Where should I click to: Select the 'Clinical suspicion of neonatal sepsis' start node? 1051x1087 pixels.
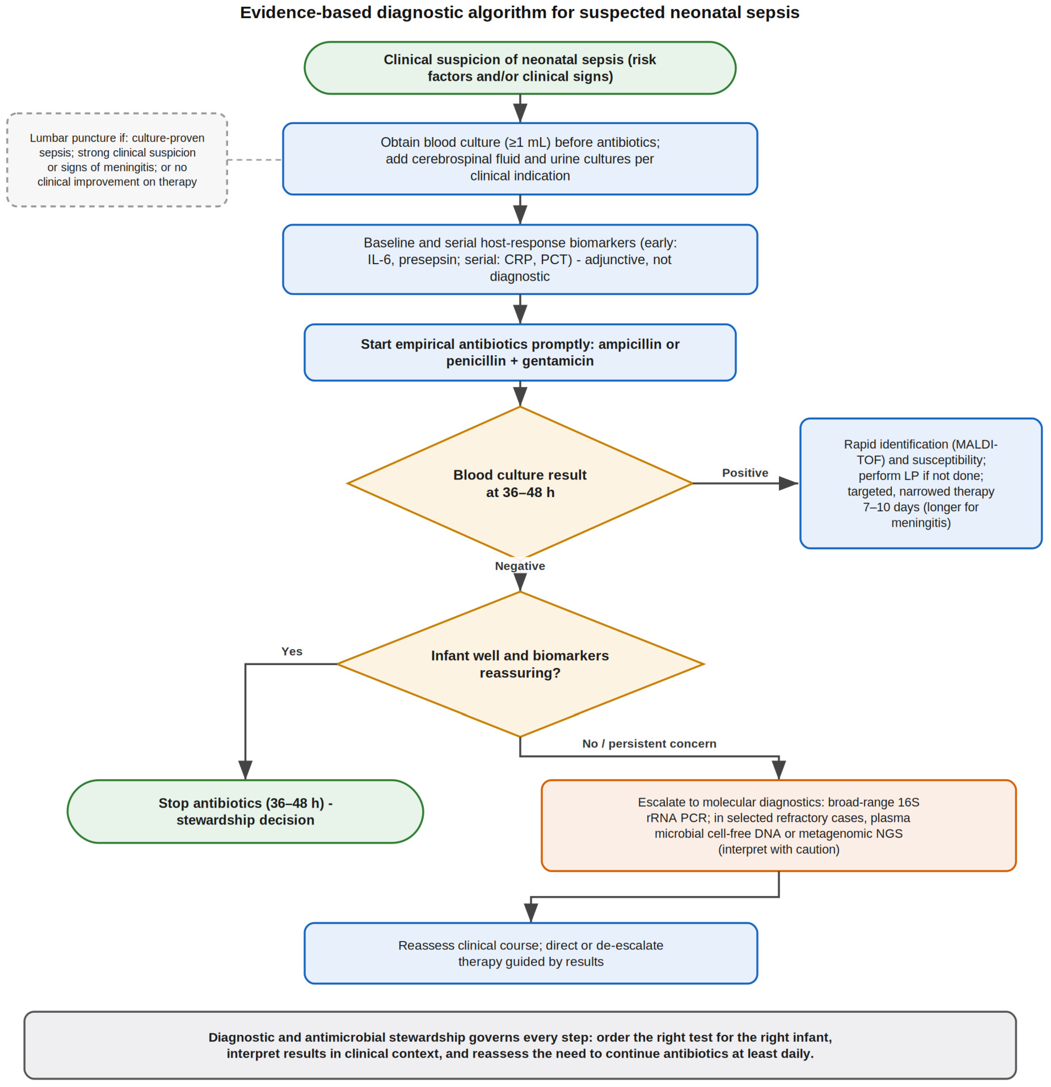(520, 68)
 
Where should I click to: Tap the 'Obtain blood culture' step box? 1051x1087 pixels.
(520, 159)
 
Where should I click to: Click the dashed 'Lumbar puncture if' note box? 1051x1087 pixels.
(117, 160)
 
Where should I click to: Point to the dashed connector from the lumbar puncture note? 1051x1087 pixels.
(255, 160)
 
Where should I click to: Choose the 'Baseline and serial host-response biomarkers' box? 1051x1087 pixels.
(520, 259)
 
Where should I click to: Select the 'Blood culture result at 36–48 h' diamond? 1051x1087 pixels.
(520, 483)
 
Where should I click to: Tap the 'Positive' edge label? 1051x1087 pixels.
(745, 473)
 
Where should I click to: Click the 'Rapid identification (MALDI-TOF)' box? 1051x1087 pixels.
(920, 483)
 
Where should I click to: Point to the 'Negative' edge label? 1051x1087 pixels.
(520, 566)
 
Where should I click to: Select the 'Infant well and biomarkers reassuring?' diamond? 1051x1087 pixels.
(520, 664)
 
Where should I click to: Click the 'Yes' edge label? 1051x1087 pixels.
(292, 651)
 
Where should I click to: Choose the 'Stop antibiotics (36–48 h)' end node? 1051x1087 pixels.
(245, 812)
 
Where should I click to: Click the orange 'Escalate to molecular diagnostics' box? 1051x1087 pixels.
(779, 825)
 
